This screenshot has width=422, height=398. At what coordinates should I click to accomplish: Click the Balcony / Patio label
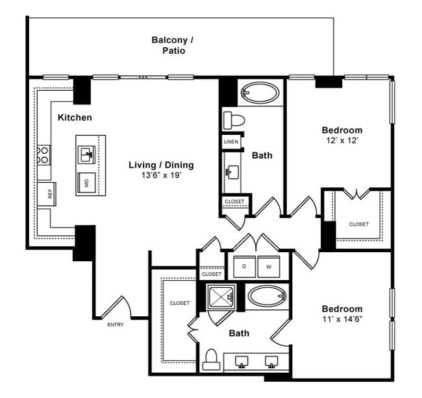172,45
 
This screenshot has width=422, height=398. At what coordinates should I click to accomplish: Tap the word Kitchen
75,117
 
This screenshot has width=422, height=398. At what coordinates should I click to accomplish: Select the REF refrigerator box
45,194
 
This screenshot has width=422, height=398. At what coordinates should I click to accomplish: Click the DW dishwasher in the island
86,183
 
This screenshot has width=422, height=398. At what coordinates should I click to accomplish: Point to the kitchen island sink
86,154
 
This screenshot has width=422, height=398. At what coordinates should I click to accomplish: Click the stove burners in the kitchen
44,155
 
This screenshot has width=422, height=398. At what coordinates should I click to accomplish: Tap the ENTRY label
115,324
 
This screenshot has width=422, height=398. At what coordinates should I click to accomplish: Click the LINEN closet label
231,141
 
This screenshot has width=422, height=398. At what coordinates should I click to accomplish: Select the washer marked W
267,266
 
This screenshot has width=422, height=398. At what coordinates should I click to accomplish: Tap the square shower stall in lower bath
221,298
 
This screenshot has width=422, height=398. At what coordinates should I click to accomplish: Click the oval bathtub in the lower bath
267,298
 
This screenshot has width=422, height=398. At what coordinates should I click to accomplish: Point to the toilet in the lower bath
210,358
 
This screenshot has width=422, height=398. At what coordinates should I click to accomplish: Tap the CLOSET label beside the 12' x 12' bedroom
358,224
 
